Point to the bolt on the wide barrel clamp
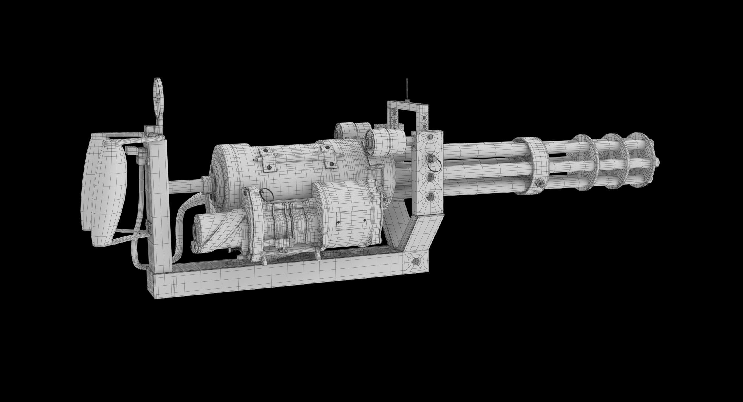[540, 183]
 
